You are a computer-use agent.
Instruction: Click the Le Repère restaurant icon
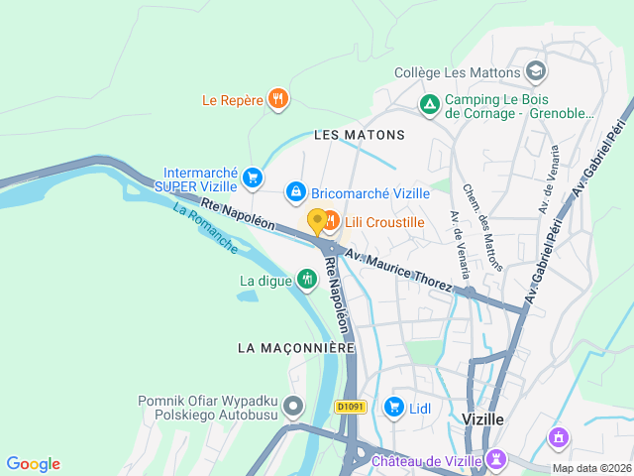pos(279,98)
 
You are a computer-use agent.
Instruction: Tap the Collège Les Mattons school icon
pos(536,71)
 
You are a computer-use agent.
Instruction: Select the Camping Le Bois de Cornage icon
pos(430,103)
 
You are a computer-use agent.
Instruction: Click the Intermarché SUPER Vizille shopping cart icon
pos(253,178)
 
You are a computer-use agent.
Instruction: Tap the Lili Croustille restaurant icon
pos(331,221)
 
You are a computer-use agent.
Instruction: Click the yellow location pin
pos(317,220)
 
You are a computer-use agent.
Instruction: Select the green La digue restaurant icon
pos(307,280)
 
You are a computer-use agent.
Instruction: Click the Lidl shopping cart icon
pos(394,407)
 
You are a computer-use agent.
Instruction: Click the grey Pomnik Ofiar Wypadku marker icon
pos(292,406)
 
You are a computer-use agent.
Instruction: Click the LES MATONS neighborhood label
pos(360,134)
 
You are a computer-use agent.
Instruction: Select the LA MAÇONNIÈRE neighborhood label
pos(296,348)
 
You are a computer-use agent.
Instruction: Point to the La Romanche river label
pos(205,228)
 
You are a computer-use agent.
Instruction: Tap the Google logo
pos(33,464)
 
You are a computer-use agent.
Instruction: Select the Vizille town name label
pos(482,419)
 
